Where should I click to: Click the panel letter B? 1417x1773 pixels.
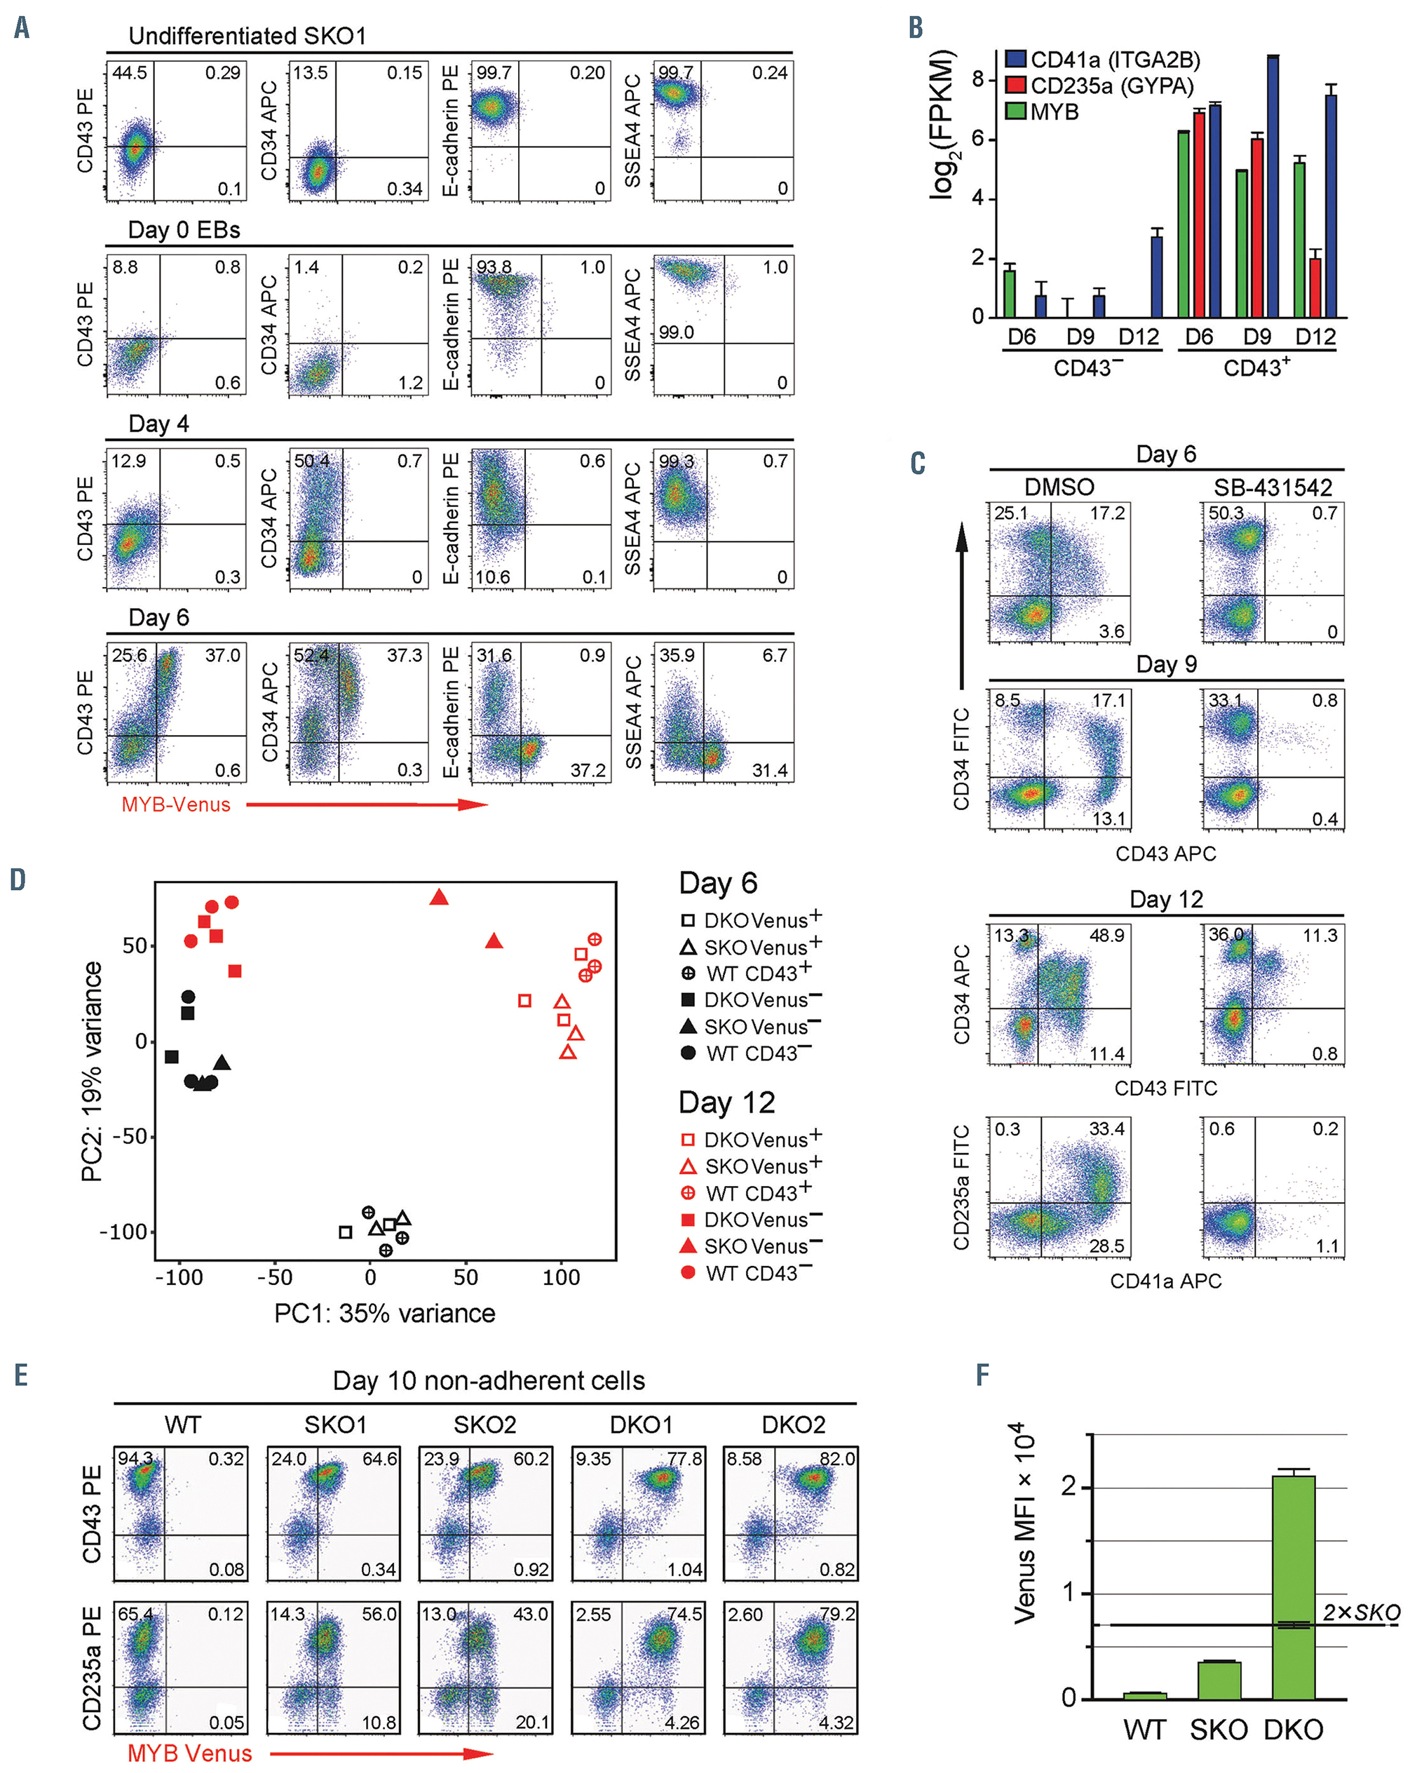(x=916, y=27)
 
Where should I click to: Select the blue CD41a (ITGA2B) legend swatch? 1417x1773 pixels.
(x=1016, y=59)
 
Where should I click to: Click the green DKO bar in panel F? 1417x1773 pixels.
(x=1293, y=1586)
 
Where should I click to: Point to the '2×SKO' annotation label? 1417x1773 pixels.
(x=1361, y=1612)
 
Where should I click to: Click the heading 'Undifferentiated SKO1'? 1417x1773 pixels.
(x=247, y=36)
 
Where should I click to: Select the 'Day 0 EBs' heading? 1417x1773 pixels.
(x=184, y=230)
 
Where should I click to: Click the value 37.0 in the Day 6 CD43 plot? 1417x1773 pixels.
(x=223, y=656)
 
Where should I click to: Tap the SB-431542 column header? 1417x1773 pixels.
(x=1273, y=487)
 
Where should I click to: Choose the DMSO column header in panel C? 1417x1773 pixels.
(x=1059, y=487)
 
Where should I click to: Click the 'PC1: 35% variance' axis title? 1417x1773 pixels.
(x=385, y=1314)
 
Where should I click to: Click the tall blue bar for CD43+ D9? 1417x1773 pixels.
(x=1273, y=186)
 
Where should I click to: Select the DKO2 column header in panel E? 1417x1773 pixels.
(x=793, y=1424)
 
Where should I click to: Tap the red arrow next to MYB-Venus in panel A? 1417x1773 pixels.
(x=367, y=804)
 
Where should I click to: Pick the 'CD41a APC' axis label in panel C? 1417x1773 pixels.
(x=1165, y=1281)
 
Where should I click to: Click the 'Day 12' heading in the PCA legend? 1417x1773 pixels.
(x=726, y=1103)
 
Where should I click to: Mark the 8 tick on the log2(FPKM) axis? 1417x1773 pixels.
(x=977, y=79)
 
